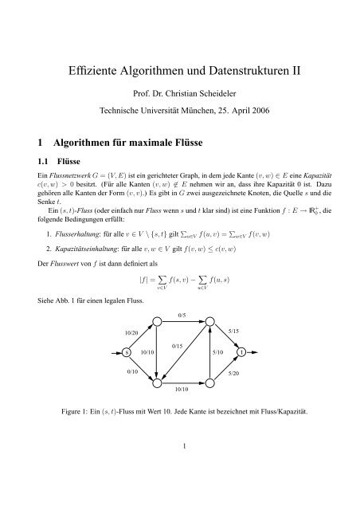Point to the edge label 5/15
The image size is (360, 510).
coord(234,330)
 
